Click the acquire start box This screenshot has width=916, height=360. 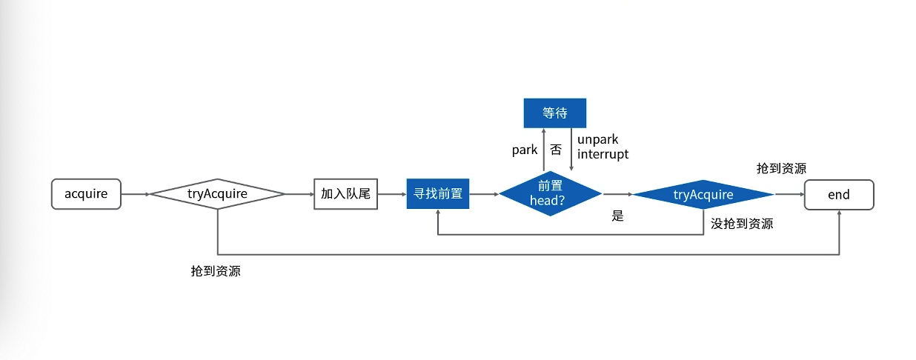coord(86,194)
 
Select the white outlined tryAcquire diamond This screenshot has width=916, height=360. coord(217,194)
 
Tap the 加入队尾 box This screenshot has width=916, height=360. coord(345,194)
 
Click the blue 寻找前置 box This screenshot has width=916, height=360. coord(438,194)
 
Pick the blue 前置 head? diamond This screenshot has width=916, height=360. coord(550,194)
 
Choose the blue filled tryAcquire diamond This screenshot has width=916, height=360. coord(703,195)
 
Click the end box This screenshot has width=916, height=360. coord(839,195)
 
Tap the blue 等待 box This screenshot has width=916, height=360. coord(554,113)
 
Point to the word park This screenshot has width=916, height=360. coord(525,150)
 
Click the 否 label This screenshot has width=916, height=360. coord(556,150)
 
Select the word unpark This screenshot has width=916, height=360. coord(597,139)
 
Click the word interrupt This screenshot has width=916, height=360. coord(603,154)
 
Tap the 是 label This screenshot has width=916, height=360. coord(617,216)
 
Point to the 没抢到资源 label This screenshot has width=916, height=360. coord(742,223)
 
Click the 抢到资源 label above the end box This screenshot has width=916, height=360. coord(781,168)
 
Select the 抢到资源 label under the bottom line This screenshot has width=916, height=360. coord(216,270)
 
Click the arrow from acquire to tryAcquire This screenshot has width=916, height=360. coord(136,194)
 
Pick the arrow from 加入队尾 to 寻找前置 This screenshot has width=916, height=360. coord(393,194)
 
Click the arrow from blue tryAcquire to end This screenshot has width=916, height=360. coord(789,194)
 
